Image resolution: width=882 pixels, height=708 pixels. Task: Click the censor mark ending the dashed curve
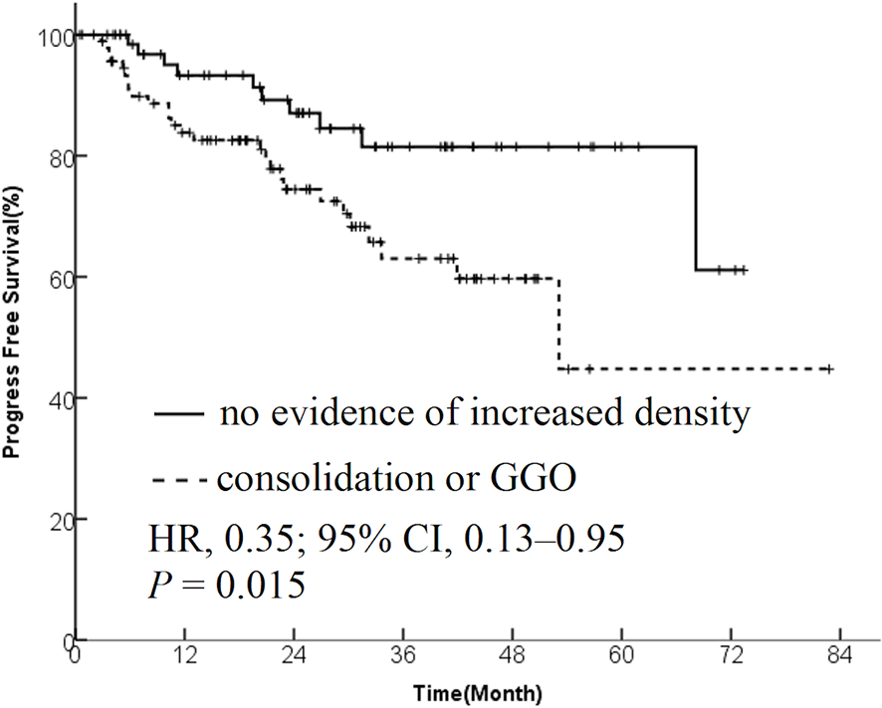pos(827,368)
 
